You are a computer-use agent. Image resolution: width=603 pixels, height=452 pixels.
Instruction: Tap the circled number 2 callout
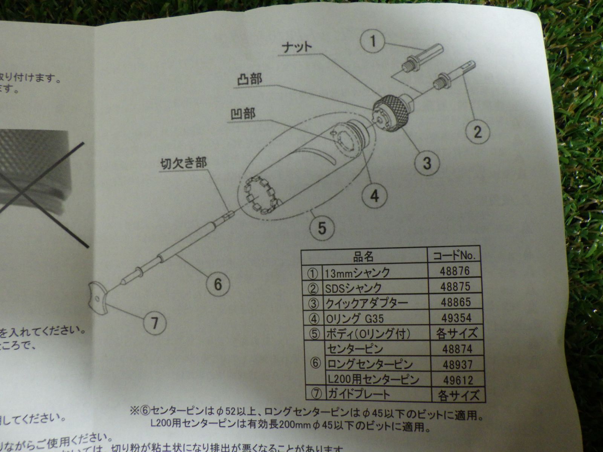(477, 131)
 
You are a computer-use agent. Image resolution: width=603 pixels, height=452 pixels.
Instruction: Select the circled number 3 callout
(427, 163)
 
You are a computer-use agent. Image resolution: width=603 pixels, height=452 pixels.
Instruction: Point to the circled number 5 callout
(321, 228)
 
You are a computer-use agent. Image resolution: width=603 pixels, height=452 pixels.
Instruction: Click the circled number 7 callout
(154, 323)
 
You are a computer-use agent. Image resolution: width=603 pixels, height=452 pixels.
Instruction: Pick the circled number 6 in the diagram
(218, 284)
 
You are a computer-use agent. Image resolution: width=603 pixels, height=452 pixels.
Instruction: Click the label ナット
(297, 47)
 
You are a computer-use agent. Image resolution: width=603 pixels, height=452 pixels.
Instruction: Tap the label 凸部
(249, 80)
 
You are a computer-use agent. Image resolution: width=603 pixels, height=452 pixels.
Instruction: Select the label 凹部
(243, 113)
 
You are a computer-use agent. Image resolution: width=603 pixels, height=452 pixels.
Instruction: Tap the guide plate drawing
(99, 297)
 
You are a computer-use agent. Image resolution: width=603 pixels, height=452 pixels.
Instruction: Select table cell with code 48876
(455, 271)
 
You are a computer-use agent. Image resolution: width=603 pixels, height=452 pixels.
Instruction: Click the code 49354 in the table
(456, 318)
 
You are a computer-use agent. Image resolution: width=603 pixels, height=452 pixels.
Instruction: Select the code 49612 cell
(458, 380)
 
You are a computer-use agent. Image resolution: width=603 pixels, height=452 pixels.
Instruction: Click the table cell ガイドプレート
(358, 394)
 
